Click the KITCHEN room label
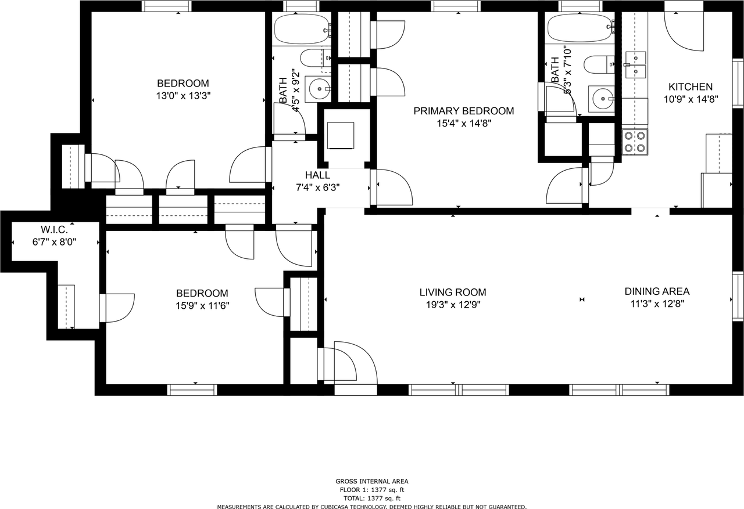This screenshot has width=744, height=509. pyautogui.click(x=691, y=87)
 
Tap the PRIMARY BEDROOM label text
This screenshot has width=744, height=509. pyautogui.click(x=464, y=111)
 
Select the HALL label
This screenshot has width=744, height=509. pyautogui.click(x=317, y=175)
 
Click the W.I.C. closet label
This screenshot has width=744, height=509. pyautogui.click(x=54, y=229)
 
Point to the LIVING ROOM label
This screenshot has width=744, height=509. pyautogui.click(x=453, y=292)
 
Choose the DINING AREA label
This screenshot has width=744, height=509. pyautogui.click(x=657, y=291)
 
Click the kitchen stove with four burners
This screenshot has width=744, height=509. pyautogui.click(x=635, y=142)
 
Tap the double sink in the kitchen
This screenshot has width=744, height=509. pyautogui.click(x=636, y=65)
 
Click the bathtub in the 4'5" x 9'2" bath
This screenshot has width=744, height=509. pyautogui.click(x=302, y=30)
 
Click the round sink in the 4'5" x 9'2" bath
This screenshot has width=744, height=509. pyautogui.click(x=319, y=89)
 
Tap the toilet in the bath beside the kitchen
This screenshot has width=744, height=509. pyautogui.click(x=599, y=65)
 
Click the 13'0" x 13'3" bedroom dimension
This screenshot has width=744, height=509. pyautogui.click(x=183, y=96)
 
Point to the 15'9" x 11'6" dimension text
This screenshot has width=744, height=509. pyautogui.click(x=202, y=305)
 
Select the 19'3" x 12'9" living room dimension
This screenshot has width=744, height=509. pyautogui.click(x=453, y=304)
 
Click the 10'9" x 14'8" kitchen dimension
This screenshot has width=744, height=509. pyautogui.click(x=691, y=99)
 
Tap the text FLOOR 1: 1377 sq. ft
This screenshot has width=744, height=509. pyautogui.click(x=371, y=490)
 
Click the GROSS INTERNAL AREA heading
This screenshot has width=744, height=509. pyautogui.click(x=371, y=482)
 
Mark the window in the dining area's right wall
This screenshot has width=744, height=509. pyautogui.click(x=738, y=297)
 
